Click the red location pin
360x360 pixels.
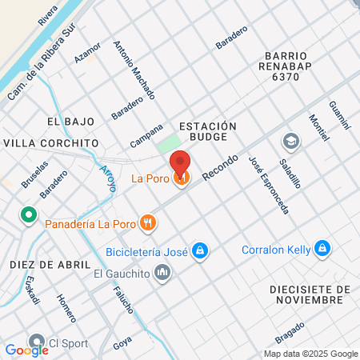181,164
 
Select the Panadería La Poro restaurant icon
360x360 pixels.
146,222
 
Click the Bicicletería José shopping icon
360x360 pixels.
200,251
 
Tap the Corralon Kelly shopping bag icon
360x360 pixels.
322,249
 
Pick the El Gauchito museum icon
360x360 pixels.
163,274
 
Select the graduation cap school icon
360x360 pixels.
290,142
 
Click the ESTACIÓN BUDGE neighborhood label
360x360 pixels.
208,132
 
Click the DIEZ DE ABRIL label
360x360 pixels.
45,264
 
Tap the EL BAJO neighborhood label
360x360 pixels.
70,122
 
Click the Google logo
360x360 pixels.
26,350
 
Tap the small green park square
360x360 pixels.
168,145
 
